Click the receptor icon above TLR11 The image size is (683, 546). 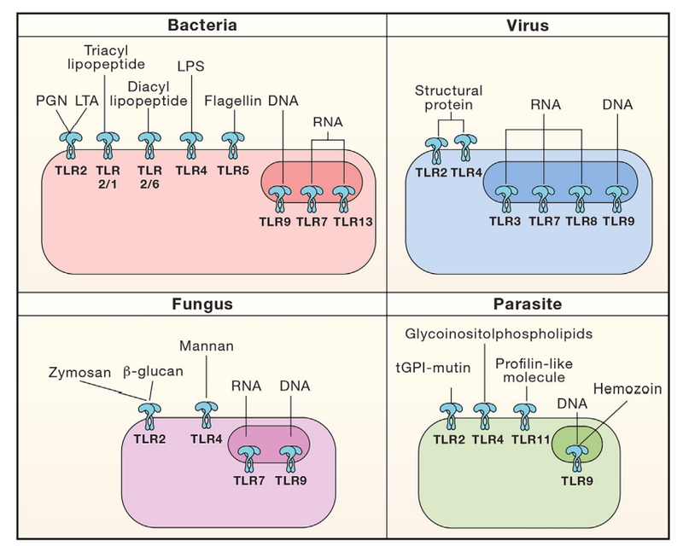pyautogui.click(x=523, y=414)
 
